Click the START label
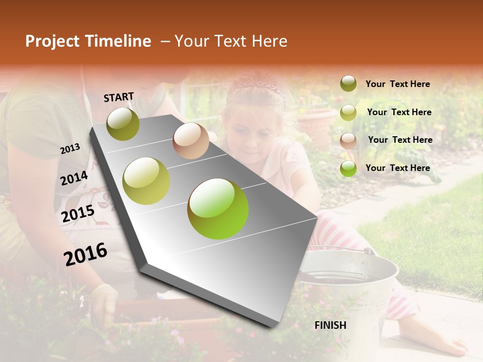point(119,97)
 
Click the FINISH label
point(330,325)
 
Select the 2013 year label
point(70,149)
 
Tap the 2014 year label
point(74,178)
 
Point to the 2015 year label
point(77,214)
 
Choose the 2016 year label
point(86,254)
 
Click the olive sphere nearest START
point(123,124)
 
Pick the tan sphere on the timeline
point(191,141)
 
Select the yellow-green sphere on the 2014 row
point(146,180)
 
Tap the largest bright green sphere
point(218,209)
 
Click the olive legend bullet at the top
point(348,84)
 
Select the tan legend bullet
point(348,140)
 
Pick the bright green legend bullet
point(348,168)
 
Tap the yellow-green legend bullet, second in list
point(348,113)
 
